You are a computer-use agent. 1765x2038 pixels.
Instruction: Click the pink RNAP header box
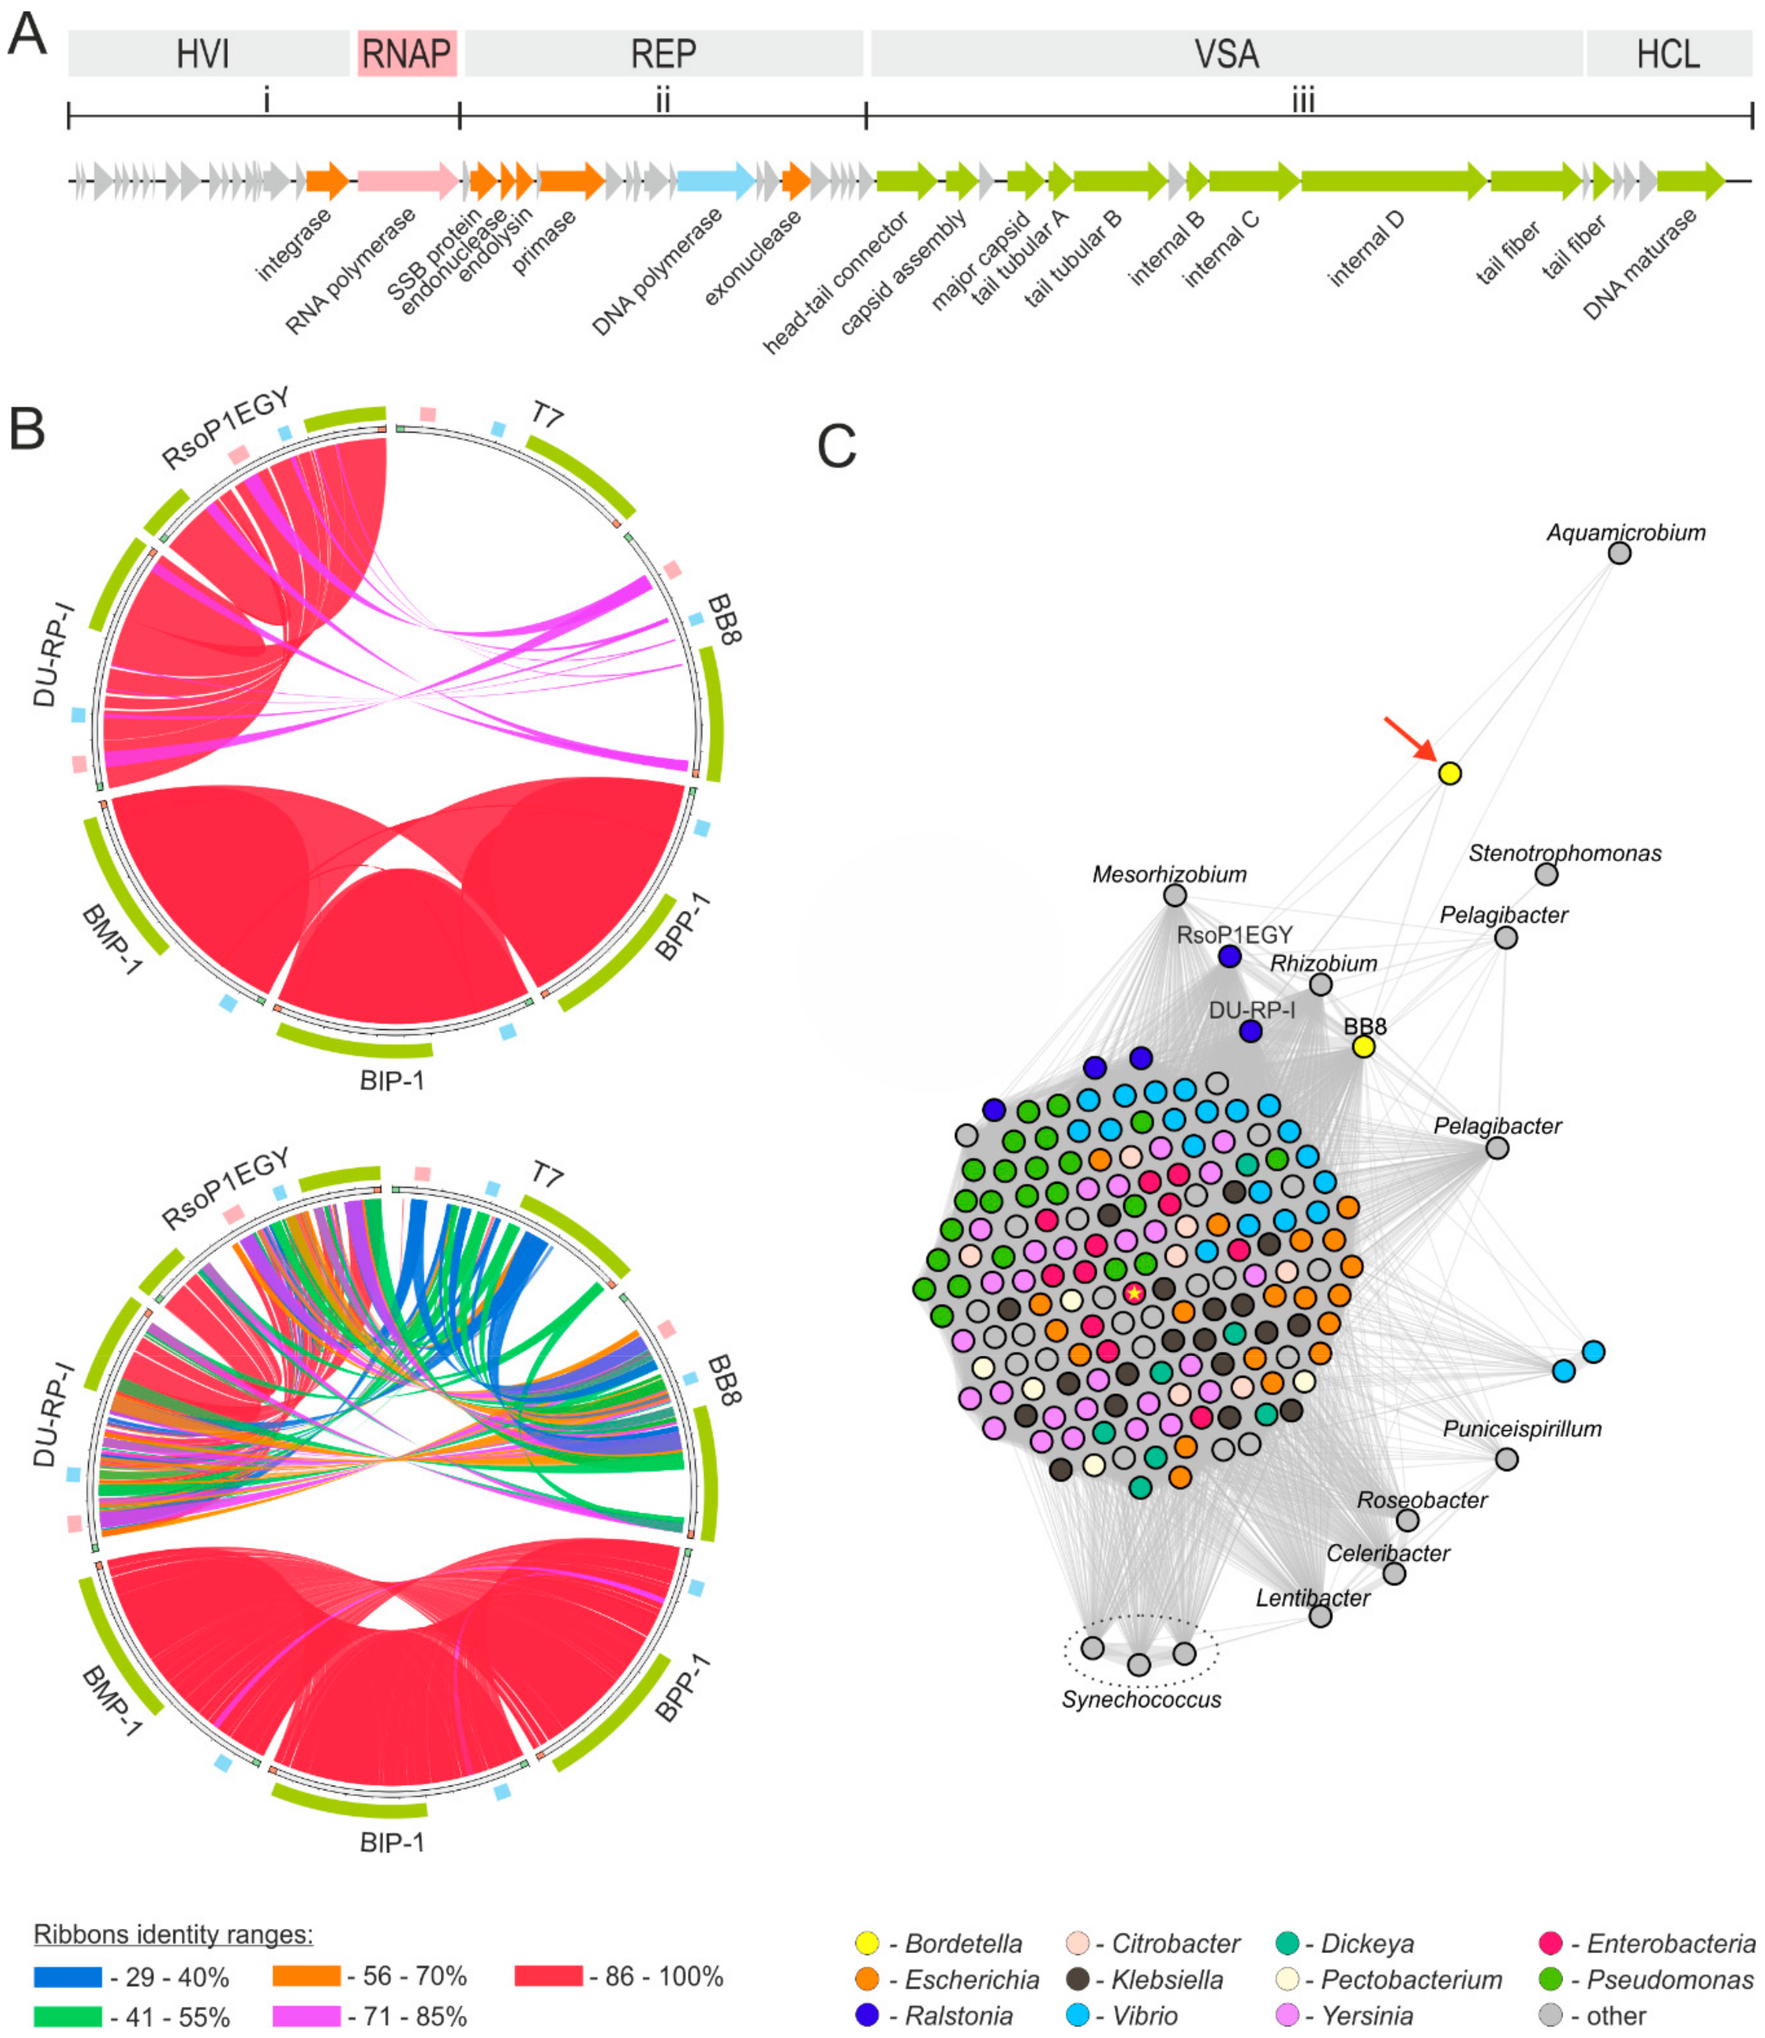point(407,53)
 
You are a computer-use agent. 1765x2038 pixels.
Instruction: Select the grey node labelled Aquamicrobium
point(1619,553)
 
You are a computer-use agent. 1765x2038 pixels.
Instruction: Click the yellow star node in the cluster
point(1134,1293)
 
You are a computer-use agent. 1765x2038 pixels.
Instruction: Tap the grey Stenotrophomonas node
point(1546,874)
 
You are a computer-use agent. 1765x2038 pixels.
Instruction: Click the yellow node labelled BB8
point(1363,1047)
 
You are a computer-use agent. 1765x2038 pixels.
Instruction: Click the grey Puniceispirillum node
point(1506,1459)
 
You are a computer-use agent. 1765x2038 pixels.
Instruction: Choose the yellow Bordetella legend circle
point(867,1944)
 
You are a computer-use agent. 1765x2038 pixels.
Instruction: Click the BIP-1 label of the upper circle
point(392,1081)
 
